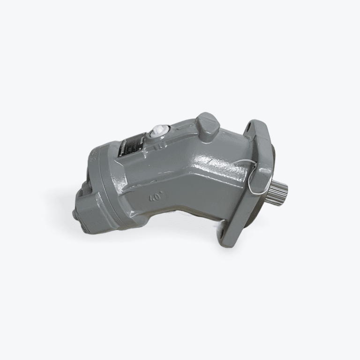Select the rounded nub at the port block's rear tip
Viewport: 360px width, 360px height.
(x=75, y=213)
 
